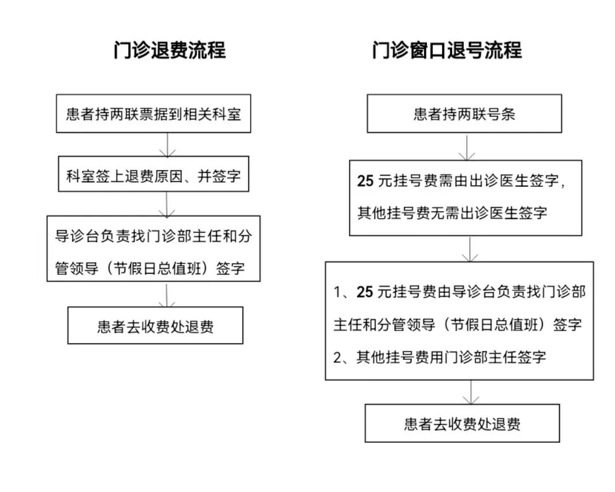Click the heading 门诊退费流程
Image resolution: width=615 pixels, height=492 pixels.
coord(170,50)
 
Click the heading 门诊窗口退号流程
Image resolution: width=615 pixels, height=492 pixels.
coord(447,50)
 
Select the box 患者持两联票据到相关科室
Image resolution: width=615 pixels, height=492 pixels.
coord(153,114)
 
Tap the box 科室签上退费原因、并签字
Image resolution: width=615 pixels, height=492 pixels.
coord(153,175)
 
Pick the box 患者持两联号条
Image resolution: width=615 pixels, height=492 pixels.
coord(464,114)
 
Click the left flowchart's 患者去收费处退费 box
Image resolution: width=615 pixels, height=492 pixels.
coord(155,326)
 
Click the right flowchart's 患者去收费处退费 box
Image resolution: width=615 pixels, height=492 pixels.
coord(462,424)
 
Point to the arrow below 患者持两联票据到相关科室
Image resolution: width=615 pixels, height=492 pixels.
coord(167,145)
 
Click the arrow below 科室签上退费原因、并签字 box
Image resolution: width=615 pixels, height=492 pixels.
coord(167,204)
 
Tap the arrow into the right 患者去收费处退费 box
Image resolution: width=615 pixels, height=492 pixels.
coord(471,392)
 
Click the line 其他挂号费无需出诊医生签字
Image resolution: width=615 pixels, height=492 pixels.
coord(452,213)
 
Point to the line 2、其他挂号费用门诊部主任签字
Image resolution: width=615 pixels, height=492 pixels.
coord(440,357)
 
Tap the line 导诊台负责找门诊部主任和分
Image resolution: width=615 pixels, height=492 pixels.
coord(153,237)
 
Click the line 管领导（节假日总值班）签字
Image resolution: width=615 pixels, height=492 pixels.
coord(153,268)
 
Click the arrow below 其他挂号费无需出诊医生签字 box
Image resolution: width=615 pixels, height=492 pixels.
coord(471,249)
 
